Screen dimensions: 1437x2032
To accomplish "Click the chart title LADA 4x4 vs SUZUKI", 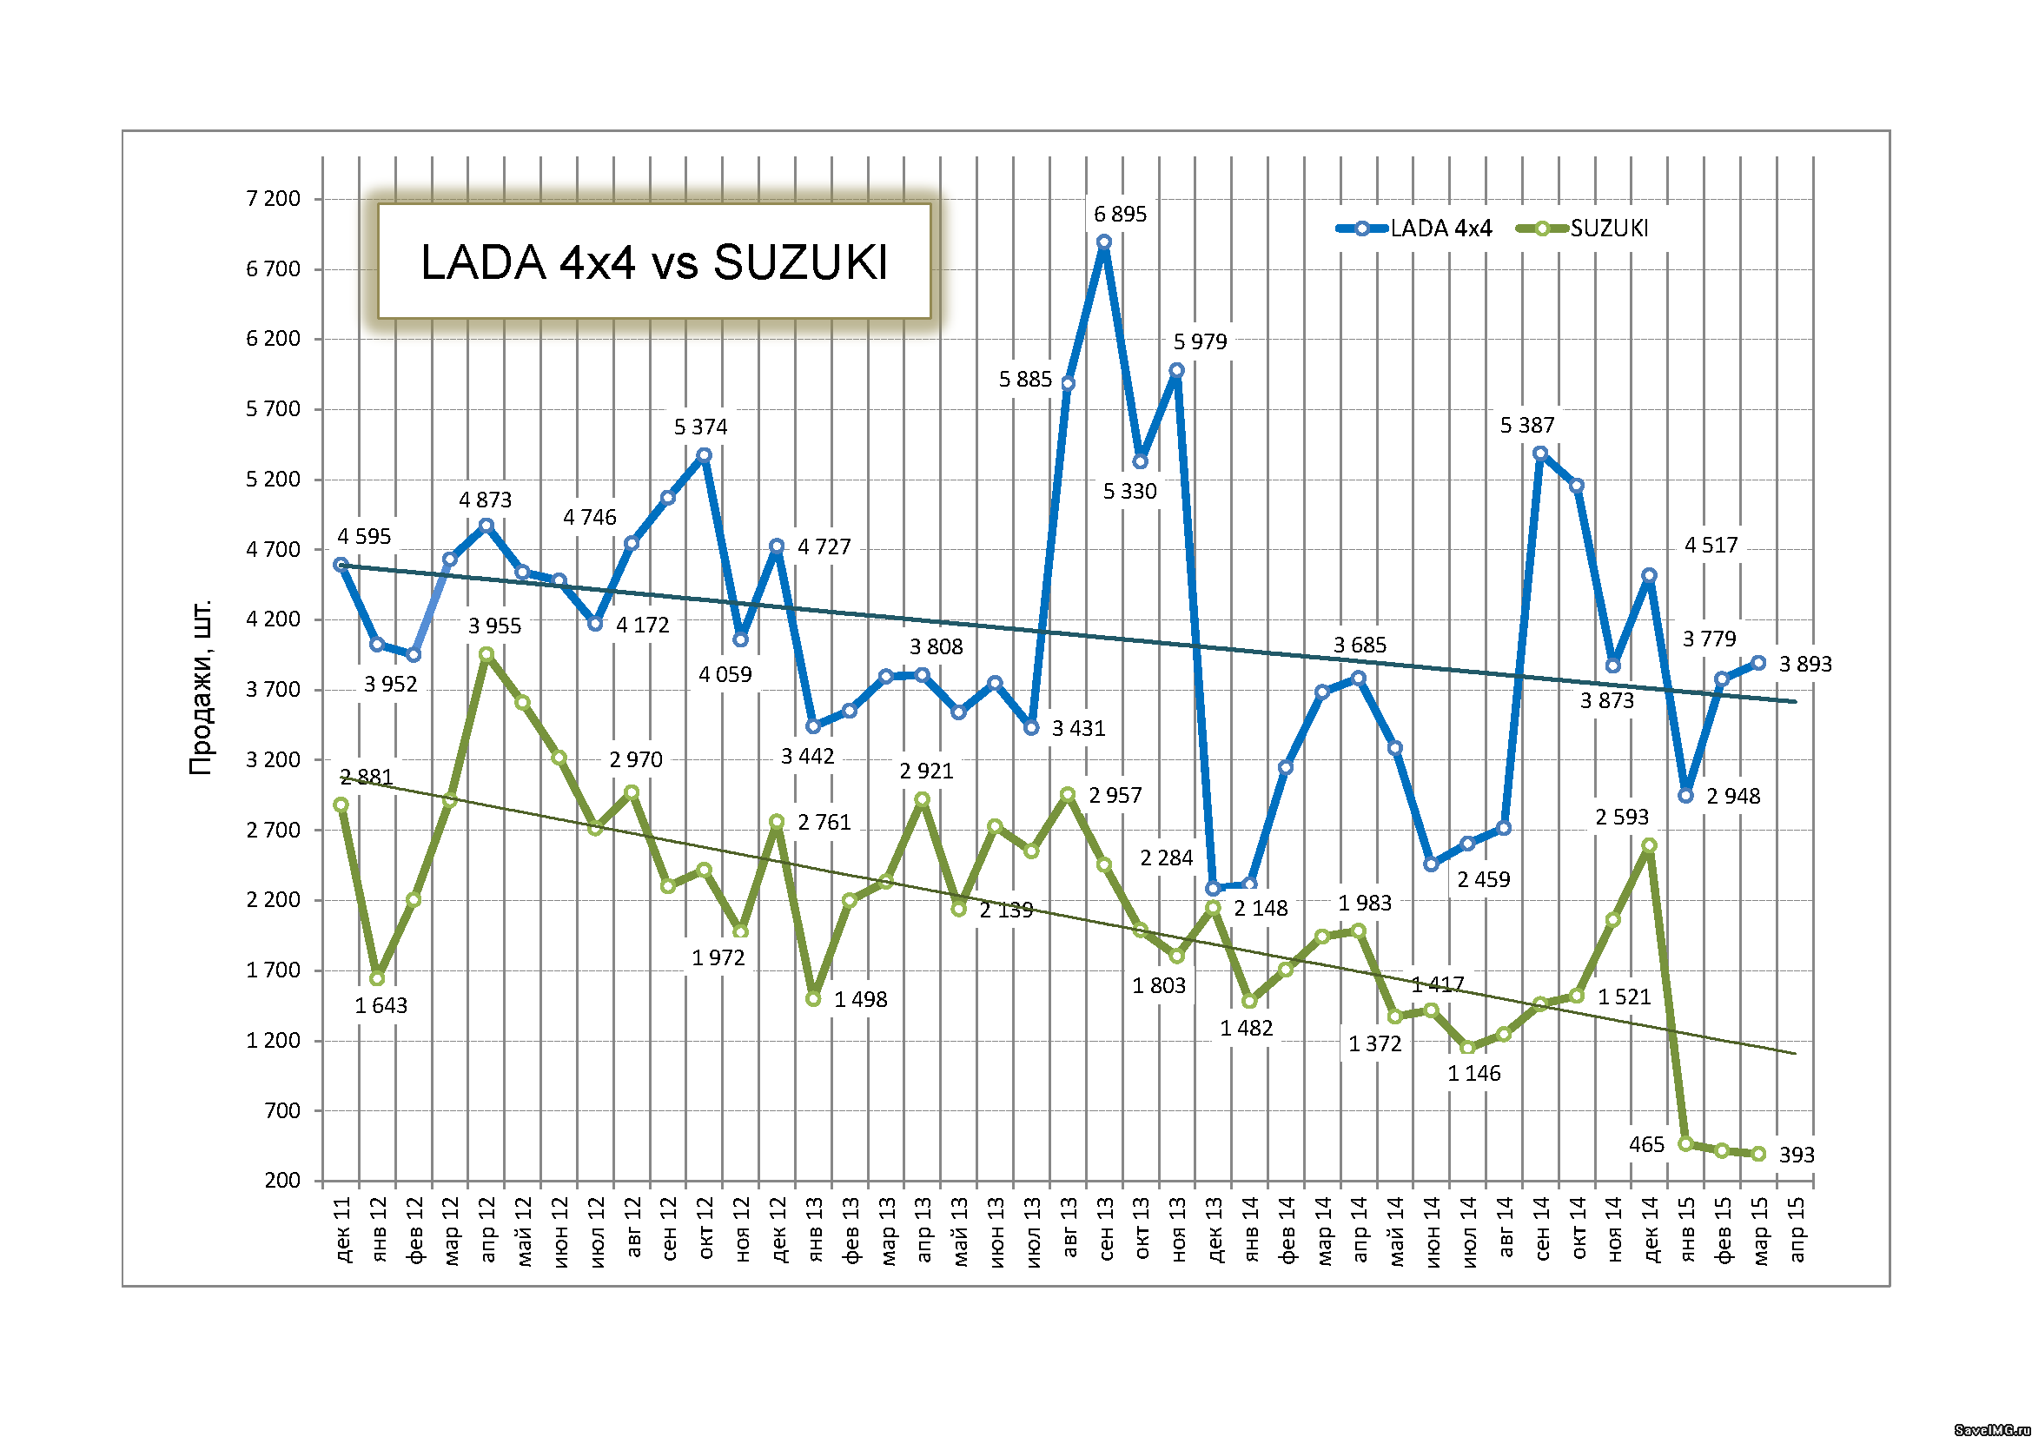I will tap(653, 262).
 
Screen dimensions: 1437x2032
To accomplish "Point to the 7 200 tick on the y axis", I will tap(273, 198).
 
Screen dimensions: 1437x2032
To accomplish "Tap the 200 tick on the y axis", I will tap(282, 1180).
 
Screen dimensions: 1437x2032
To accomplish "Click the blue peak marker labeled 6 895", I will tap(1103, 242).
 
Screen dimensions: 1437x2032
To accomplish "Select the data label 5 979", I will tap(1200, 341).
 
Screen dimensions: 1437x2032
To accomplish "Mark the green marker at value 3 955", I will tap(486, 654).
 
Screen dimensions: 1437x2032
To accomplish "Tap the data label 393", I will tap(1797, 1155).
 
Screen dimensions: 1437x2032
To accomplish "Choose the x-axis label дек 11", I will tap(342, 1230).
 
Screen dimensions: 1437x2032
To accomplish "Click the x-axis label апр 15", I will tap(1797, 1230).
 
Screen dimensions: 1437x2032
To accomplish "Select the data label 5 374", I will tap(700, 427).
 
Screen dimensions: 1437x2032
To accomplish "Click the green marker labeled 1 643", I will tap(377, 977).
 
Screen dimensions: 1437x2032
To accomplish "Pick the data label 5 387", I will tap(1526, 426).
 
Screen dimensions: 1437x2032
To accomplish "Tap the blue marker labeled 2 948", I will tap(1686, 796).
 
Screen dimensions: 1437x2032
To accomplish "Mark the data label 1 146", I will tap(1473, 1073).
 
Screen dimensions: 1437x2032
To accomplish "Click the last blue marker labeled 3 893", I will tap(1758, 663).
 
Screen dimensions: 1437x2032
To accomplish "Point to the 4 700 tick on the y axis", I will tap(273, 549).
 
